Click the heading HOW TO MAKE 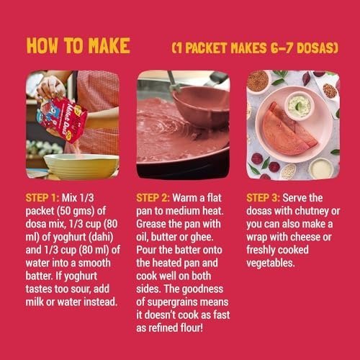[x=78, y=45]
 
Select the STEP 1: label [x=42, y=198]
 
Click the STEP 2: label [x=153, y=198]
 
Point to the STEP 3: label [x=264, y=198]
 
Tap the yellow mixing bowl [x=81, y=166]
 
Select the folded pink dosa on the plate [x=289, y=130]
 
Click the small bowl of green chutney [x=300, y=106]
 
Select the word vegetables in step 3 [x=270, y=264]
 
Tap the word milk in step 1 [x=35, y=302]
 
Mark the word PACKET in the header [x=206, y=48]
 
